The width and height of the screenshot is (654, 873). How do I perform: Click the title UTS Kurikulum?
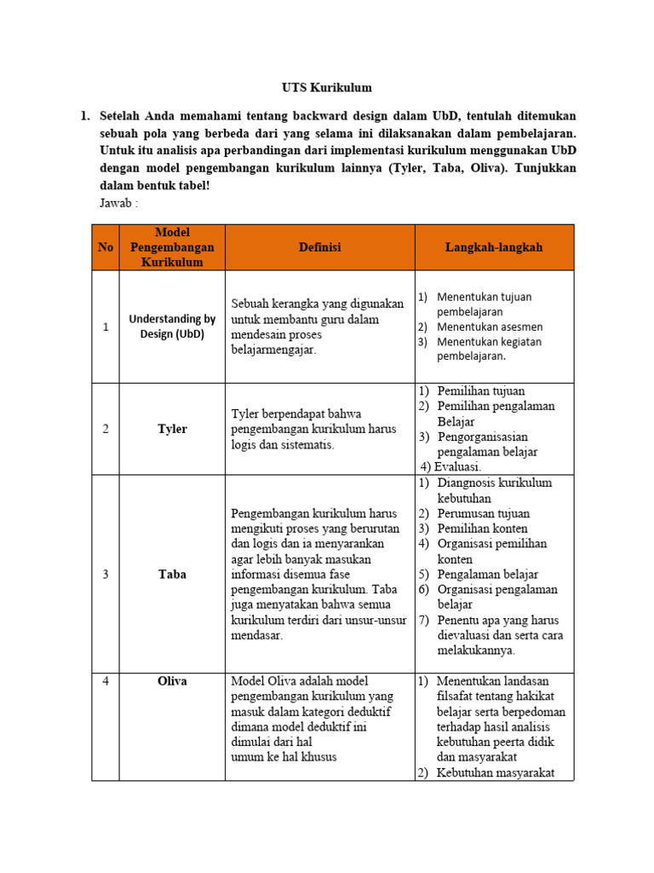[x=327, y=87]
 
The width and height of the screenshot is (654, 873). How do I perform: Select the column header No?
[x=106, y=247]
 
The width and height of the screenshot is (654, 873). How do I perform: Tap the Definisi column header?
[x=319, y=247]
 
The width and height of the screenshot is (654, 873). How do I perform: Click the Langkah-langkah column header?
[x=494, y=247]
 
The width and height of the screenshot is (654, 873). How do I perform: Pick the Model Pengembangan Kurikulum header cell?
[x=172, y=247]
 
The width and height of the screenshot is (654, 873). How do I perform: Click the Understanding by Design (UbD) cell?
[x=172, y=327]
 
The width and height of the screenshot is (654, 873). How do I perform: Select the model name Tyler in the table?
[x=172, y=429]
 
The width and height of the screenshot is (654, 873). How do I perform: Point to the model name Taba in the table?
[x=172, y=574]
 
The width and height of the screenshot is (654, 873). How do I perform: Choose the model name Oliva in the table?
[x=172, y=681]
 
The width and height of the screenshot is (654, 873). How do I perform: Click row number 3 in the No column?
[x=106, y=574]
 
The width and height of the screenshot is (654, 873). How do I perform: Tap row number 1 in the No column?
[x=106, y=327]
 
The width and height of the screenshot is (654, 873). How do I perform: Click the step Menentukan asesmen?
[x=490, y=327]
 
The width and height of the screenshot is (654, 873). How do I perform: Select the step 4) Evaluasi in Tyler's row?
[x=451, y=466]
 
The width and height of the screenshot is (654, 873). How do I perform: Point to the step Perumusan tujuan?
[x=483, y=513]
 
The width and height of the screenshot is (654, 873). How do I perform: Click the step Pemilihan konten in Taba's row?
[x=482, y=529]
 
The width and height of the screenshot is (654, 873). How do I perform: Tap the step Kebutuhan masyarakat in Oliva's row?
[x=495, y=772]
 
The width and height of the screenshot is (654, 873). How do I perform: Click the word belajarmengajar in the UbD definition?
[x=272, y=350]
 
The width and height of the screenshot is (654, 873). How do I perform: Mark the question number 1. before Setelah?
[x=85, y=114]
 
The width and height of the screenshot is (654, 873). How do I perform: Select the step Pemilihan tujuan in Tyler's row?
[x=480, y=390]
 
